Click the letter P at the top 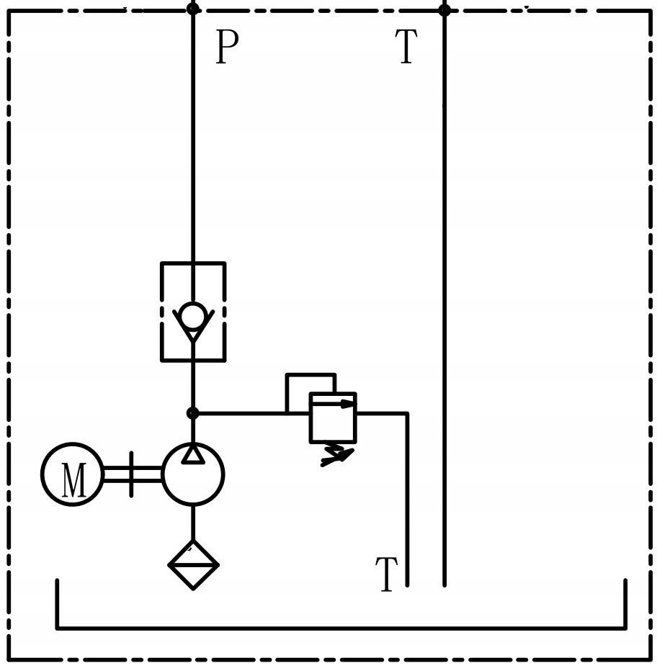(227, 48)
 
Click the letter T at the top (406, 48)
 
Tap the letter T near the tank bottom (386, 575)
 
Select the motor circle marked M (72, 474)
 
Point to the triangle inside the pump (193, 454)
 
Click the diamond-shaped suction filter (193, 565)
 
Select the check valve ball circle (193, 316)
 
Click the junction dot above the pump (193, 413)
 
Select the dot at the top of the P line (193, 9)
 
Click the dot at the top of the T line (444, 10)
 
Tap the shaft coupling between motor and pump (131, 474)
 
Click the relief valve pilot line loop (310, 375)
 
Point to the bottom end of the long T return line (444, 583)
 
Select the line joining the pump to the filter (193, 523)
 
